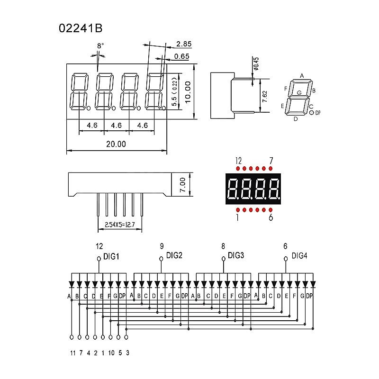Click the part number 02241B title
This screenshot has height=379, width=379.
pos(80,28)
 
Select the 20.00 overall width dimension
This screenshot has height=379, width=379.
pos(116,144)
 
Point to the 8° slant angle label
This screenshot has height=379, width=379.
pos(100,46)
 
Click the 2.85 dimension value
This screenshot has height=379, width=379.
pos(183,44)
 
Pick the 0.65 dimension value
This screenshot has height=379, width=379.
pos(182,56)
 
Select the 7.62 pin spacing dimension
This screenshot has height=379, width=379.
pos(265,96)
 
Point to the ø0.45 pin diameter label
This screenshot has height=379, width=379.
pos(256,63)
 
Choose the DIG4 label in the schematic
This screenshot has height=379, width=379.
pos(299,256)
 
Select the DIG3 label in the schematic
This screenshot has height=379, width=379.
pos(236,255)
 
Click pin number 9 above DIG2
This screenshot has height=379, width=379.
pos(162,246)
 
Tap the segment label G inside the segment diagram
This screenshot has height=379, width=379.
pos(299,93)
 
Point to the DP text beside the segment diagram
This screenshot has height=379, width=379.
pos(318,113)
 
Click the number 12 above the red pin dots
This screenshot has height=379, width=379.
pos(238,161)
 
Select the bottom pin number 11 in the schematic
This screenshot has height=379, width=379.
pos(72,353)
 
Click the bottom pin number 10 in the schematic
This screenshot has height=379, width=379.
pos(111,353)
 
